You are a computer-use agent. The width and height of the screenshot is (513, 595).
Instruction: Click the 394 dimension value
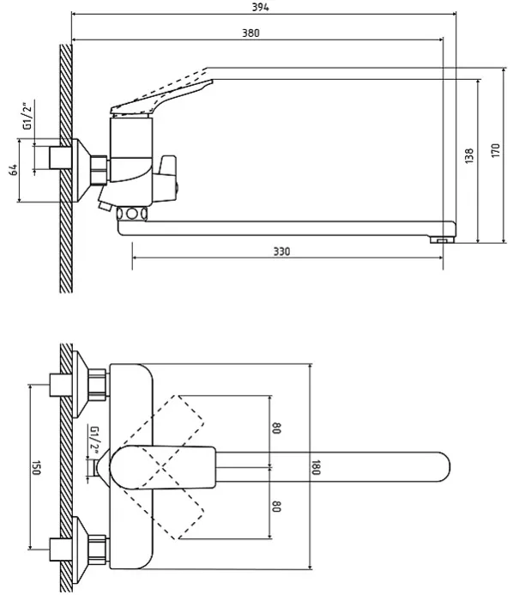pyautogui.click(x=261, y=7)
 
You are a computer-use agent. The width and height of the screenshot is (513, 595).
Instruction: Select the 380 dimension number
pyautogui.click(x=251, y=33)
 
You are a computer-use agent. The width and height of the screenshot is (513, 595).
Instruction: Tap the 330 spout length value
pyautogui.click(x=281, y=252)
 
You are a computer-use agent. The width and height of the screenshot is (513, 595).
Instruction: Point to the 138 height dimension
pyautogui.click(x=469, y=155)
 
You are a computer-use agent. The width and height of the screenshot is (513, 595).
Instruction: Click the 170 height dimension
pyautogui.click(x=495, y=150)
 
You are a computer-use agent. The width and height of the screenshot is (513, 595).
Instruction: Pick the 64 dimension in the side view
pyautogui.click(x=13, y=170)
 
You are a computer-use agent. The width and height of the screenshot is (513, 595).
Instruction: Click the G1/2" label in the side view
pyautogui.click(x=28, y=116)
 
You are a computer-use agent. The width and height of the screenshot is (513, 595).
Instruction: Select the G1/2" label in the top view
pyautogui.click(x=94, y=440)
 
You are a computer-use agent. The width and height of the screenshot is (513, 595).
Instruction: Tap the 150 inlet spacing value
pyautogui.click(x=36, y=467)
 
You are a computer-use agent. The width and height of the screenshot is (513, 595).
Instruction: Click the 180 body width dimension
pyautogui.click(x=316, y=467)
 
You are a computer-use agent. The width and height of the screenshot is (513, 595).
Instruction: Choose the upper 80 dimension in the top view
pyautogui.click(x=276, y=428)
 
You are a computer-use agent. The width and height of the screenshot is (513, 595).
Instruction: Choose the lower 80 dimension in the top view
pyautogui.click(x=276, y=506)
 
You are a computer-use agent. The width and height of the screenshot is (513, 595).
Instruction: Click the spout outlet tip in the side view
pyautogui.click(x=442, y=239)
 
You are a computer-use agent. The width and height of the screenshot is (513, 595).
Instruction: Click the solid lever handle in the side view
pyautogui.click(x=161, y=97)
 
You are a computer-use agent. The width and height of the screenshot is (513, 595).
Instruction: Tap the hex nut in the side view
pyautogui.click(x=100, y=170)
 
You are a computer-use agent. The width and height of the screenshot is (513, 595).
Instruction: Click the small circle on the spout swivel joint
pyautogui.click(x=131, y=214)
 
